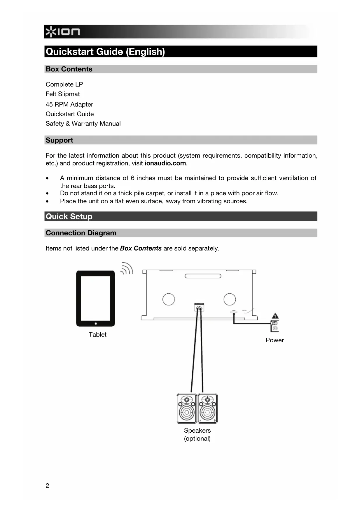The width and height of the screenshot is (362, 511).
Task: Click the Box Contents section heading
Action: tap(69, 69)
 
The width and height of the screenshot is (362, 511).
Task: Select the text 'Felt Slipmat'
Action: tap(62, 94)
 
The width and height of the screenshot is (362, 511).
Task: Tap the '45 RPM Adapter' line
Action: tap(69, 104)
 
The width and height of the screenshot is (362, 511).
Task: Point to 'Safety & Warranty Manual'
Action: tap(83, 124)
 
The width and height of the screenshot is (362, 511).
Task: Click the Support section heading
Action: tap(59, 140)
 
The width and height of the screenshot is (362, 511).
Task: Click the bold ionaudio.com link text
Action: tap(165, 163)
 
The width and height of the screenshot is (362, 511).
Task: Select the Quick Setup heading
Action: tap(69, 216)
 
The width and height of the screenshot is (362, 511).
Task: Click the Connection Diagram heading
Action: tap(81, 233)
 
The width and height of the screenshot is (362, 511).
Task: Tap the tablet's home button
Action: tap(96, 323)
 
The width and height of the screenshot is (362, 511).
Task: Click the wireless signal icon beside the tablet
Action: tap(127, 269)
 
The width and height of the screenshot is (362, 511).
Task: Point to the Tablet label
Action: tap(97, 334)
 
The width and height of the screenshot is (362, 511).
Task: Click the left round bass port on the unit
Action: tap(168, 299)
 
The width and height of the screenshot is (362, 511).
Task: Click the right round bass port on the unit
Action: tap(230, 299)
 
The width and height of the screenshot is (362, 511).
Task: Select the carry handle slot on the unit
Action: tap(203, 276)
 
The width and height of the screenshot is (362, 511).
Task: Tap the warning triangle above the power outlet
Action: tap(275, 316)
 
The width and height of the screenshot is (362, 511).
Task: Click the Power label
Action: tap(274, 340)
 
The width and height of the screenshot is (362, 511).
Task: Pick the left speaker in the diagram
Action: tap(186, 408)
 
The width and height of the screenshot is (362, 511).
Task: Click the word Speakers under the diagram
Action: tap(197, 430)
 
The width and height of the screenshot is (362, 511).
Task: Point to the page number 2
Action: tap(47, 486)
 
